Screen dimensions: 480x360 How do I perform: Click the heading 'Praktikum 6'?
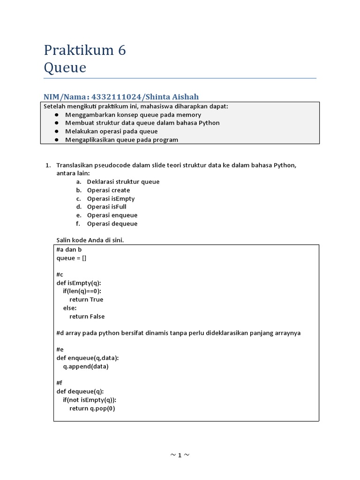tap(85, 50)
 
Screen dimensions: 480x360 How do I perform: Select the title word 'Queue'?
tap(65, 67)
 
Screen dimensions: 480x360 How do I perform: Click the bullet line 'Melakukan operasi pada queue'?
tap(111, 131)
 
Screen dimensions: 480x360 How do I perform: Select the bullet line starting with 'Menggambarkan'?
tap(133, 114)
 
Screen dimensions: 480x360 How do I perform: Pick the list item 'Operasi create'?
tap(108, 190)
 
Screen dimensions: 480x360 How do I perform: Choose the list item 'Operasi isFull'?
tap(106, 207)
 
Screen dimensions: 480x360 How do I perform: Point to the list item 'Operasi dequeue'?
tap(112, 224)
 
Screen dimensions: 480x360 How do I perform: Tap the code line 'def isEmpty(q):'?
tap(78, 283)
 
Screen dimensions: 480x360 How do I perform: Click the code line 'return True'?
tap(86, 300)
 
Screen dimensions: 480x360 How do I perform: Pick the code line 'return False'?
tap(87, 316)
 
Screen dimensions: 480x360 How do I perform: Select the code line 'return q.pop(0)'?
tap(92, 408)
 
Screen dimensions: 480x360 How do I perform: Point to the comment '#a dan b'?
tap(69, 249)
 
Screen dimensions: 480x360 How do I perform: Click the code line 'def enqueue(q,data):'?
tap(87, 358)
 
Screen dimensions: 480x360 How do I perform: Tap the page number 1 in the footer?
tap(180, 455)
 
